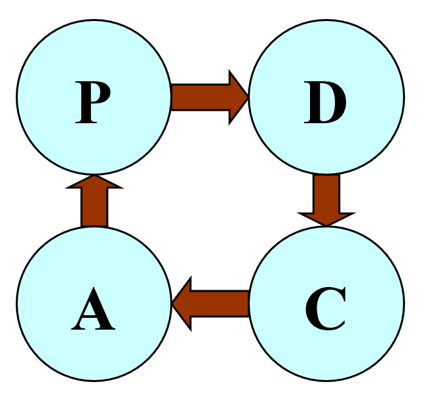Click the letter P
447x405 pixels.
pyautogui.click(x=92, y=104)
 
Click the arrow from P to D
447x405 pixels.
pyautogui.click(x=208, y=98)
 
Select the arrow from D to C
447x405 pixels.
pyautogui.click(x=326, y=199)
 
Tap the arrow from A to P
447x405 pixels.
pyautogui.click(x=94, y=202)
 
